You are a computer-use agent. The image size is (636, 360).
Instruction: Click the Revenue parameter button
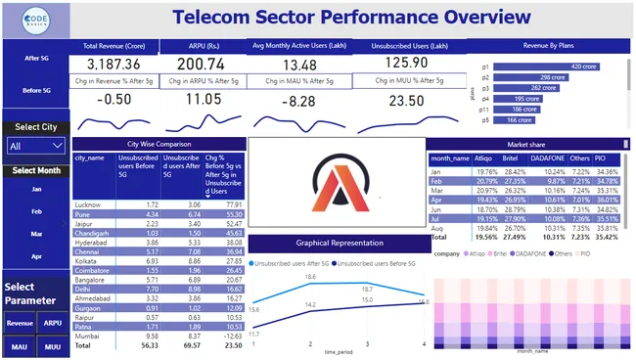pyautogui.click(x=20, y=321)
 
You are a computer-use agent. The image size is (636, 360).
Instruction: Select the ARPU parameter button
pyautogui.click(x=52, y=321)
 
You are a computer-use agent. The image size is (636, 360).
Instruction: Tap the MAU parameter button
pyautogui.click(x=20, y=345)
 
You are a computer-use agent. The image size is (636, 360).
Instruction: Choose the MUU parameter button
pyautogui.click(x=52, y=345)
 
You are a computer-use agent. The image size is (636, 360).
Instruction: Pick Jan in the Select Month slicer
pyautogui.click(x=36, y=189)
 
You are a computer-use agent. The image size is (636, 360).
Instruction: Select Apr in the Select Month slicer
pyautogui.click(x=36, y=255)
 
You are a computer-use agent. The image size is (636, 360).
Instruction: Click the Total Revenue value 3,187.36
pyautogui.click(x=114, y=64)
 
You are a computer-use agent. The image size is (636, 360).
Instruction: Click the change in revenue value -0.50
pyautogui.click(x=114, y=99)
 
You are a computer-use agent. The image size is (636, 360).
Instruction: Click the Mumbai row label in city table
pyautogui.click(x=88, y=336)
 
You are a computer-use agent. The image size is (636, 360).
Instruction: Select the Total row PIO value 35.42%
pyautogui.click(x=607, y=237)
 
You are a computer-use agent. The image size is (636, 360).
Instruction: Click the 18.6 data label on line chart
pyautogui.click(x=310, y=278)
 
